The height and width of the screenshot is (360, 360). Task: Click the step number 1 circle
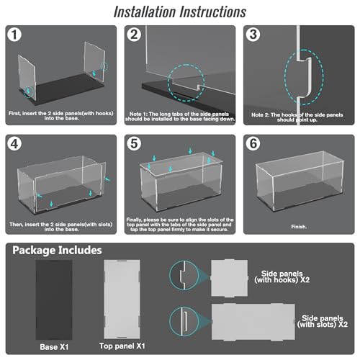(14, 35)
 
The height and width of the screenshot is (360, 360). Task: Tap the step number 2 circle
(134, 35)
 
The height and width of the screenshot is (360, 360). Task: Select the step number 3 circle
(253, 35)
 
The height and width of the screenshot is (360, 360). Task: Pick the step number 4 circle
(14, 144)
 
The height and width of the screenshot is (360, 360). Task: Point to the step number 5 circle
(134, 144)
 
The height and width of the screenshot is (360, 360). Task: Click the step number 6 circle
(253, 144)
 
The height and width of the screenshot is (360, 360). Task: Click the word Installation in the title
(145, 12)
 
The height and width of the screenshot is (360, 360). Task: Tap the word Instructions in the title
(213, 12)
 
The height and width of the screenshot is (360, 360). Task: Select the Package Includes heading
(57, 251)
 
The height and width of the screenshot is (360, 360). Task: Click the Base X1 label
(54, 347)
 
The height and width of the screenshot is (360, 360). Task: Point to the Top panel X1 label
(122, 346)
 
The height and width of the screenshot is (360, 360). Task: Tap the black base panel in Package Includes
(54, 300)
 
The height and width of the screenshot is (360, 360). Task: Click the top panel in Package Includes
(122, 299)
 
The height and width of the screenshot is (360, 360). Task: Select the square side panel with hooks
(230, 278)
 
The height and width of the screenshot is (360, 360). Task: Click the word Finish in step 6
(299, 227)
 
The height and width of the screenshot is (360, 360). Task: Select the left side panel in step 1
(27, 77)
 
